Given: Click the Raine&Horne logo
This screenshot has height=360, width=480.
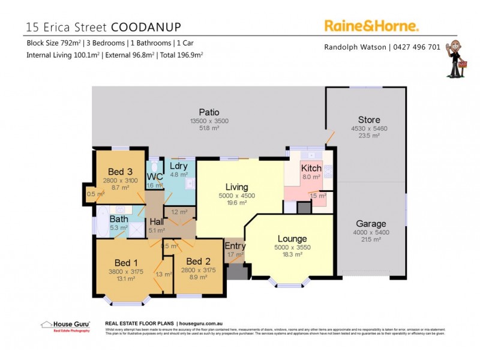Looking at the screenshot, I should click(x=371, y=25).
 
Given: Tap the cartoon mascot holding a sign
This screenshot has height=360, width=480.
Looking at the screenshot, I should click(x=457, y=59).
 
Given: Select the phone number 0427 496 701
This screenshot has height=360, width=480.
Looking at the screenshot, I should click(x=417, y=47).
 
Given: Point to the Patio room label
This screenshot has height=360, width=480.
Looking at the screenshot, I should click(x=209, y=112).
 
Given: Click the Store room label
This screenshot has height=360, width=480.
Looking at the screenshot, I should click(x=369, y=120).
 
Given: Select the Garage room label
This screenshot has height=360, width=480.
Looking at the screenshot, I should click(x=371, y=224).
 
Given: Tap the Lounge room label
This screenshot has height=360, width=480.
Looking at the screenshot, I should click(x=293, y=239).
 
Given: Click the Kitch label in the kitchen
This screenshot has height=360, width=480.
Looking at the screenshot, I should click(x=311, y=169).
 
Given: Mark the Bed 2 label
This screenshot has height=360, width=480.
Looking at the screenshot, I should click(x=197, y=262).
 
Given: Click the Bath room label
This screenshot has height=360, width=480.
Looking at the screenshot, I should click(x=119, y=219).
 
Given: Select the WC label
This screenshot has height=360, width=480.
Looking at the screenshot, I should click(x=155, y=177).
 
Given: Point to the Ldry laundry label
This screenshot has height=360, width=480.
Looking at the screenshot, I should click(x=179, y=166).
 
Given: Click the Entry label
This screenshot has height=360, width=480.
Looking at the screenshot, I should click(x=235, y=246).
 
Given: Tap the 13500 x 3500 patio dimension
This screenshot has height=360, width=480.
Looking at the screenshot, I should click(x=209, y=121).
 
